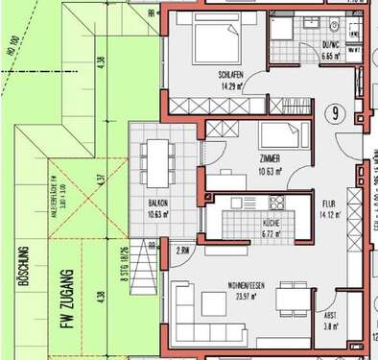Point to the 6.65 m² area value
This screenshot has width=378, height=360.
pos(334,57)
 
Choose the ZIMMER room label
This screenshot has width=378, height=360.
pos(272,161)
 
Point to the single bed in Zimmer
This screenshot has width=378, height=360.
pos(282,133)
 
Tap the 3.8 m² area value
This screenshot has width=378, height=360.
pos(330,326)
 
